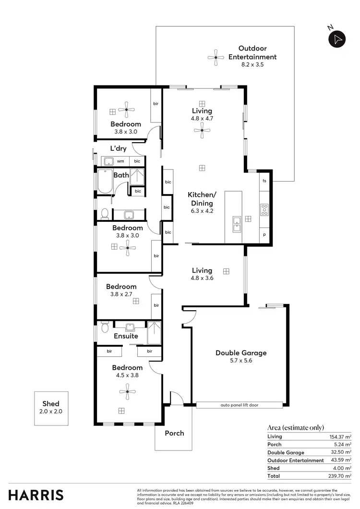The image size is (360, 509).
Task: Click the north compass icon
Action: coord(337,38)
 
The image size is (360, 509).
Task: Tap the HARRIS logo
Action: coord(36,494)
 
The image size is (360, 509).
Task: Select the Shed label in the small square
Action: coord(50,404)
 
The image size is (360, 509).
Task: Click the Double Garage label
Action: coord(240,352)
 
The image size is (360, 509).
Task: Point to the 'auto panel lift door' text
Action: coord(240,405)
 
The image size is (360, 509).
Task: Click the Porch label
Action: coord(174,433)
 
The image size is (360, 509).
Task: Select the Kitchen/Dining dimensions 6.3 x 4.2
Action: coord(202,210)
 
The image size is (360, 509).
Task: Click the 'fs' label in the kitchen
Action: coord(264,181)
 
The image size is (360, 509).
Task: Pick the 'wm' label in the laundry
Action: coord(120,161)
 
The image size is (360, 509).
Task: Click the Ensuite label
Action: coord(126,336)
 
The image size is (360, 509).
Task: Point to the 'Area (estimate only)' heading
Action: coord(295,427)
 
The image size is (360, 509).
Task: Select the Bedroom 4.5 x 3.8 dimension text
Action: coord(127,376)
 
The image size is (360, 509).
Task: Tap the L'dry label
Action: coord(119,148)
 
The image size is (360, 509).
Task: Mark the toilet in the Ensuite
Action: coord(105,329)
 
